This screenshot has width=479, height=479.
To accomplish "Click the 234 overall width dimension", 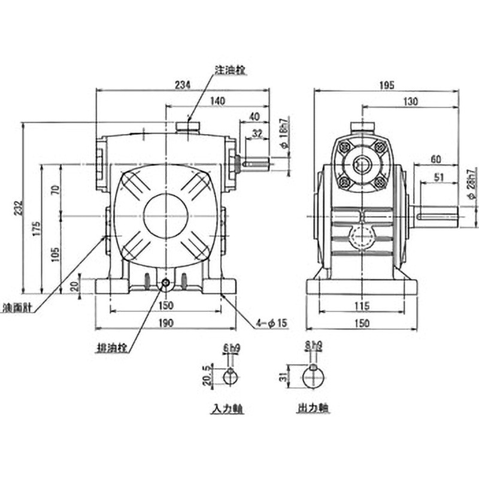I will pyautogui.click(x=183, y=85).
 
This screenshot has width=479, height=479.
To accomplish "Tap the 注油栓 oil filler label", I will pyautogui.click(x=231, y=69).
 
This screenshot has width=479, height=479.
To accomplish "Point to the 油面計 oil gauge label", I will pyautogui.click(x=17, y=311).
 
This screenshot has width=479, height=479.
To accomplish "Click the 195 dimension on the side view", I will pyautogui.click(x=386, y=86).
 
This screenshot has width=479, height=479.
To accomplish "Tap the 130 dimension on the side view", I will pyautogui.click(x=410, y=102).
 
